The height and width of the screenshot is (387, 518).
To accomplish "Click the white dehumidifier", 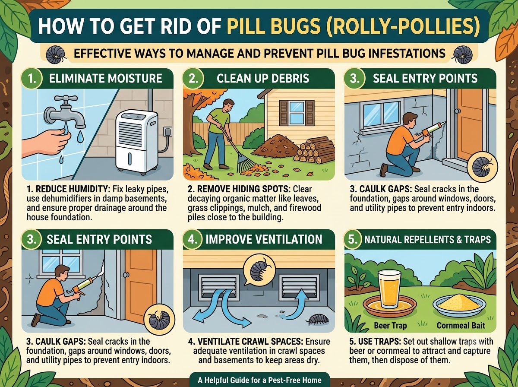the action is click(136, 142).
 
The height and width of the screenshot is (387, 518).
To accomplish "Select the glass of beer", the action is click(389, 289).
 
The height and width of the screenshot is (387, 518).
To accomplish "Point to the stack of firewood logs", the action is click(314, 150).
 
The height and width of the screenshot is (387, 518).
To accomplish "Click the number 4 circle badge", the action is click(193, 239).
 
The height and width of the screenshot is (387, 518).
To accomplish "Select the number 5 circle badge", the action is click(353, 239).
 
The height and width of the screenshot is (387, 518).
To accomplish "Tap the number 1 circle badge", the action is click(32, 79).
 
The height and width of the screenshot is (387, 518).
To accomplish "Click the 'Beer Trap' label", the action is click(390, 325).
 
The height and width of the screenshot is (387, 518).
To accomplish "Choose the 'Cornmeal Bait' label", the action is click(461, 325).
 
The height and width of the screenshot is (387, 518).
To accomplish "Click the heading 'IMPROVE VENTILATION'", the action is click(264, 239).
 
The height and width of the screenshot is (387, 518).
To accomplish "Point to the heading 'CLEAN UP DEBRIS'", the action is click(263, 78).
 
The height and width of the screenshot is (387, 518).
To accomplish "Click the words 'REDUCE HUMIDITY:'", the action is click(69, 189).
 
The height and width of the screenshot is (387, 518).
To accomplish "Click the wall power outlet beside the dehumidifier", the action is click(168, 131).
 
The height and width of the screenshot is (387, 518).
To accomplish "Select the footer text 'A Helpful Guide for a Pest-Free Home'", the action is click(259, 380).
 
